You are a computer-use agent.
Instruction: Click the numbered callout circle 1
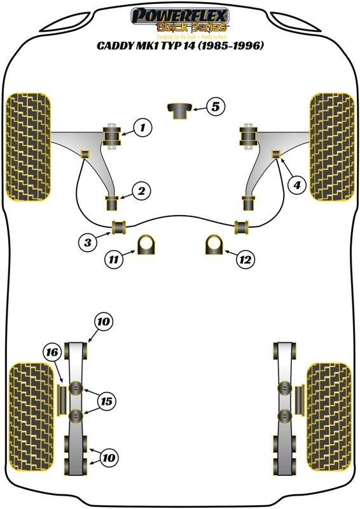pos(142,128)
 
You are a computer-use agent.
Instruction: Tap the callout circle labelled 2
pos(141,190)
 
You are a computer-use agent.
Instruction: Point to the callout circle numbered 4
pos(296,185)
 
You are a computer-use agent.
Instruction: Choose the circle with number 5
pos(216,107)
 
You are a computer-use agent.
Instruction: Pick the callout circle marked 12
pos(245,259)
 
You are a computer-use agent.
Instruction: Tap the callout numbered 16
pos(52,352)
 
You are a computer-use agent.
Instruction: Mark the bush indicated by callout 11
pos(148,246)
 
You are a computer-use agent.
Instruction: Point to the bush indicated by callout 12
pos(214,246)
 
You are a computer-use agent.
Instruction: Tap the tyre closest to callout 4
pos(331,146)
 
